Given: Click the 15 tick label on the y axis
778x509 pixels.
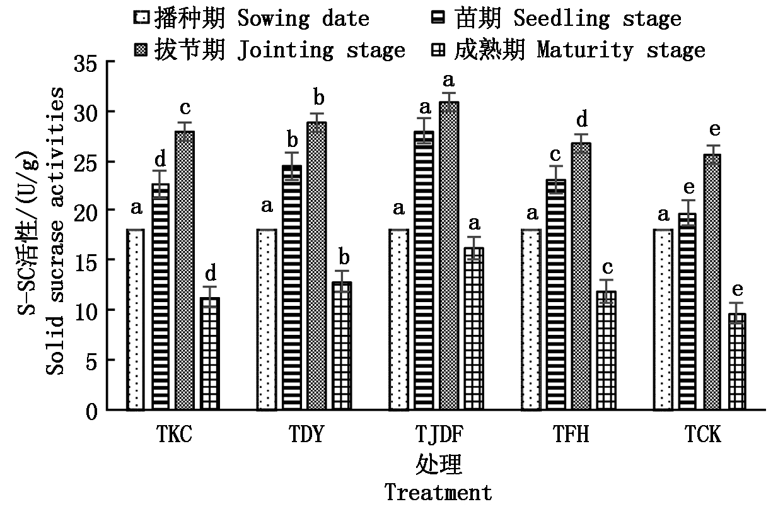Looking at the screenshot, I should pos(88,260).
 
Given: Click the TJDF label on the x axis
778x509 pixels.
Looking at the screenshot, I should pos(439,435).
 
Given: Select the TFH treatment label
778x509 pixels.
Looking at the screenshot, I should pos(571,435).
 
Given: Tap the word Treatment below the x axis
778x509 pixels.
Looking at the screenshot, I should pos(438,492).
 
